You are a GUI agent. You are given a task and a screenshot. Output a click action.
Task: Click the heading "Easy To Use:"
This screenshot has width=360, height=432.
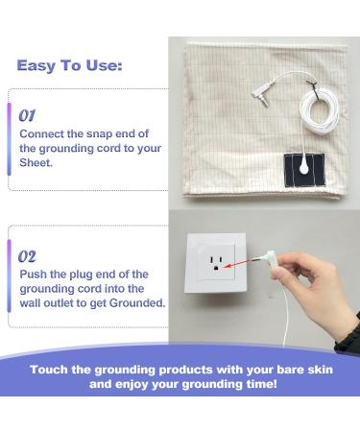(68, 66)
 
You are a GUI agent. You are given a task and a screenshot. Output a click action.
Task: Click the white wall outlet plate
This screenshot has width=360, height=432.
(219, 258)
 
